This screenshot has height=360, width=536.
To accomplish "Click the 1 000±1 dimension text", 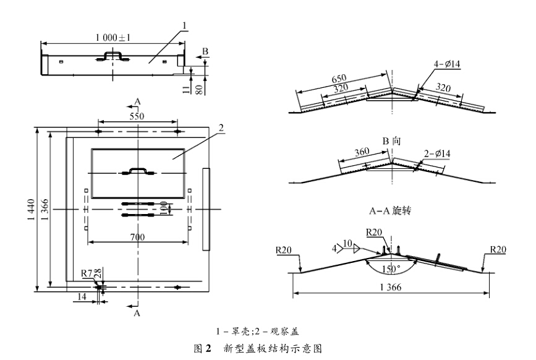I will [113, 38].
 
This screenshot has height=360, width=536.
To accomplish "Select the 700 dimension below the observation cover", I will [138, 236].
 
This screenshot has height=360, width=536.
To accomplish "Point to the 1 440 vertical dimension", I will [31, 208].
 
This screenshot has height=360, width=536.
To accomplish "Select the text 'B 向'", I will [391, 141].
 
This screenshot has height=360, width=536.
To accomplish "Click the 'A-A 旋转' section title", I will [391, 212].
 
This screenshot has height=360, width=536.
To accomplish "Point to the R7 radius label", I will [87, 273].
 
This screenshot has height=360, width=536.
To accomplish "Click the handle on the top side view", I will [113, 57].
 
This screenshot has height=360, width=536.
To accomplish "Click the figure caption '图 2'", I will [202, 348].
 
